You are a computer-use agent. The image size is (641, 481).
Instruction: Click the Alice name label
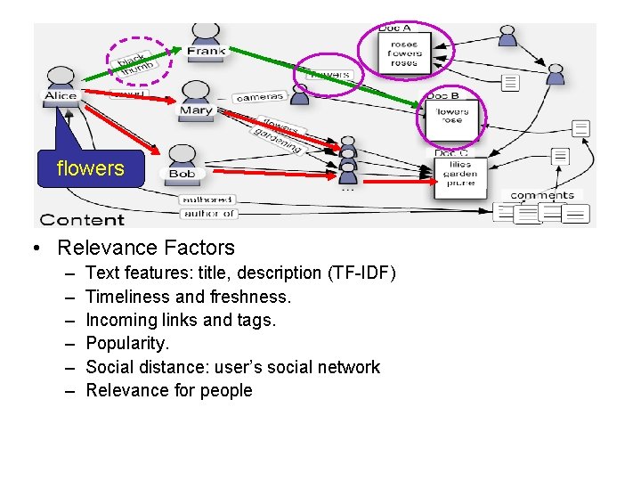tap(61, 95)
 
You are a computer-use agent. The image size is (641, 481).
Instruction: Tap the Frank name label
tap(207, 51)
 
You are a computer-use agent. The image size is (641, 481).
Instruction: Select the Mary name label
tap(196, 110)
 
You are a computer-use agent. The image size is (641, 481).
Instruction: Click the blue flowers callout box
tap(90, 168)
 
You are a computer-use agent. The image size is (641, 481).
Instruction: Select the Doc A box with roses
tap(404, 53)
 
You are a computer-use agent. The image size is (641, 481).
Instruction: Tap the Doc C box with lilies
tap(459, 175)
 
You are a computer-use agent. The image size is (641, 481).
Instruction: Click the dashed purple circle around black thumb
tap(138, 59)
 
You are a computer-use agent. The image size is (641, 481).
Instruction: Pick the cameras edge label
tap(261, 96)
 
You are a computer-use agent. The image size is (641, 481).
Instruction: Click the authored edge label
tap(207, 200)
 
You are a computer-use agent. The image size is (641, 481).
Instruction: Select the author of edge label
tap(207, 213)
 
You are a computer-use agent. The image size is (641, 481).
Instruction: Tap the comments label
tap(542, 195)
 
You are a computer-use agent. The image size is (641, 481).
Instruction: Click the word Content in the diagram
tap(82, 219)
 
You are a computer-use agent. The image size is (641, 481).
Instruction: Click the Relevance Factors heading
tap(145, 248)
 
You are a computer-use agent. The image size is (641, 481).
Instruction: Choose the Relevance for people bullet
tap(169, 390)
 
